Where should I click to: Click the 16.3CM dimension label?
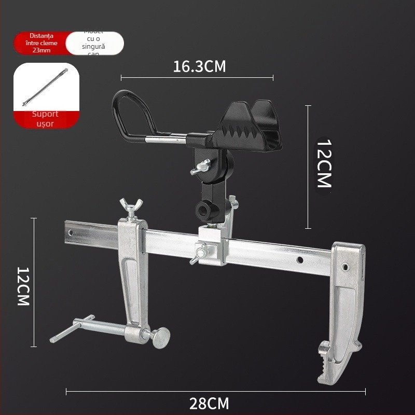click(200, 66)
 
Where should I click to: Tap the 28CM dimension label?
click(209, 403)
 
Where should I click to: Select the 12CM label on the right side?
click(324, 163)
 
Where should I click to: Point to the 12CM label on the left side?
click(23, 286)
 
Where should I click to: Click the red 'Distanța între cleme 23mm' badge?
click(40, 44)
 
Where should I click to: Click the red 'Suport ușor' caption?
click(46, 119)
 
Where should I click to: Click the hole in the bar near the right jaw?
click(300, 259)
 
